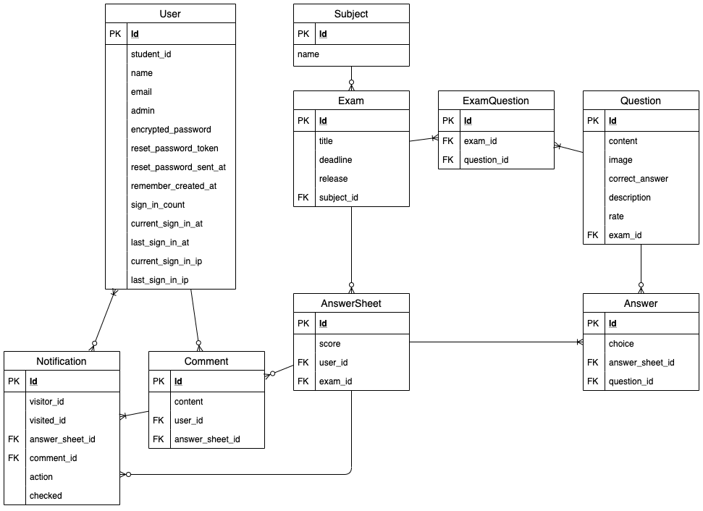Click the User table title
click(170, 14)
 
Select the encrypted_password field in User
click(171, 130)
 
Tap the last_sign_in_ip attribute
click(159, 280)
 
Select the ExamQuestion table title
click(496, 101)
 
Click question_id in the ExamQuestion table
click(486, 160)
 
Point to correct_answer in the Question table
click(638, 179)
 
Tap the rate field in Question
click(616, 216)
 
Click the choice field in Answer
click(621, 344)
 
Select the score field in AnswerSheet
click(329, 344)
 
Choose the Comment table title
click(206, 361)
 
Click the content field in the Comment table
click(188, 402)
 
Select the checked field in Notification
click(46, 496)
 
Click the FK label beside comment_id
click(14, 458)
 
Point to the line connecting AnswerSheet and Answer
click(496, 342)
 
